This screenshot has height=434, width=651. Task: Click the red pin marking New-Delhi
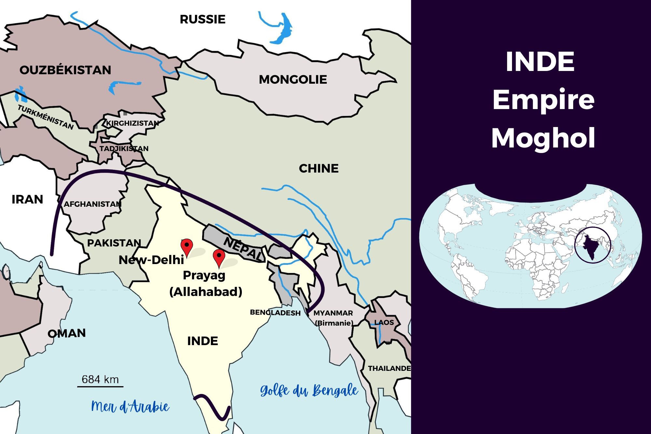(x=187, y=246)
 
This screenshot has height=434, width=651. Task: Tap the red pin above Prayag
(x=219, y=257)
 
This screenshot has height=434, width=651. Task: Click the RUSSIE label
(x=202, y=20)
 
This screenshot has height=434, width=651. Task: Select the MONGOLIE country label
(x=293, y=80)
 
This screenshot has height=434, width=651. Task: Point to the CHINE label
(x=319, y=169)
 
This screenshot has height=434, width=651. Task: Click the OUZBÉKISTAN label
(x=65, y=70)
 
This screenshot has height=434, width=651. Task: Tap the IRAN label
(x=27, y=199)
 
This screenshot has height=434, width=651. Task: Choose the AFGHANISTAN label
(x=92, y=204)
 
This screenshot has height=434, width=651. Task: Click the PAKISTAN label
(x=114, y=243)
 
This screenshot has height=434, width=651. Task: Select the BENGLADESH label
(x=275, y=313)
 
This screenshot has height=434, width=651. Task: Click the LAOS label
(x=384, y=323)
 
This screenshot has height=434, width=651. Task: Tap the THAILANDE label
(x=389, y=368)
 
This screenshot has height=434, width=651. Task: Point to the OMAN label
(x=67, y=333)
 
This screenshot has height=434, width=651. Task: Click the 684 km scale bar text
(x=100, y=380)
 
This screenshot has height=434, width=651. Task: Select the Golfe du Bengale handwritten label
(x=309, y=390)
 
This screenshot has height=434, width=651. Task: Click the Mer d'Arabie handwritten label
(x=130, y=407)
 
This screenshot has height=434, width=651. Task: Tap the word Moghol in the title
(x=543, y=138)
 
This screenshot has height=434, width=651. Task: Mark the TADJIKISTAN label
(x=124, y=149)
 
